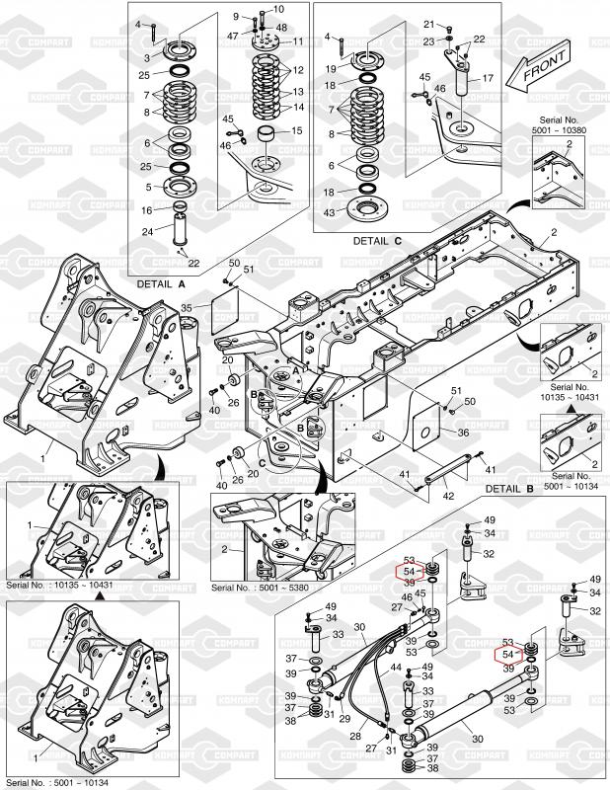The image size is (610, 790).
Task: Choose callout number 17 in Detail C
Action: click(x=487, y=78)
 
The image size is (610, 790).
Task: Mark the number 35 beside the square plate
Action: click(x=186, y=308)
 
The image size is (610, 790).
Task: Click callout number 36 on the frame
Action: click(x=462, y=433)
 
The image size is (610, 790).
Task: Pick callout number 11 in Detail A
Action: click(x=298, y=41)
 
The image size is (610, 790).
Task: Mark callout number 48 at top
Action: click(x=281, y=27)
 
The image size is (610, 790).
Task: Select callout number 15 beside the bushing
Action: click(x=298, y=131)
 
